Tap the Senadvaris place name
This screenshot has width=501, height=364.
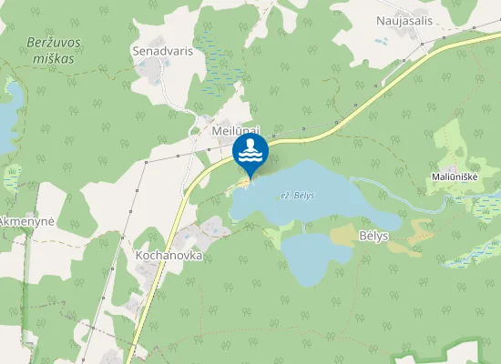(x=162, y=51)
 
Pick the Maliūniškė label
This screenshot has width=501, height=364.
(x=456, y=176)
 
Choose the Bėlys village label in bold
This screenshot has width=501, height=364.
(x=373, y=236)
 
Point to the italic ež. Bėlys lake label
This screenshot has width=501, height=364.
(x=298, y=196)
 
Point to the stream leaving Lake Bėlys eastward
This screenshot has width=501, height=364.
(x=401, y=193)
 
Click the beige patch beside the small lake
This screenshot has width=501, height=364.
(x=346, y=235)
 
